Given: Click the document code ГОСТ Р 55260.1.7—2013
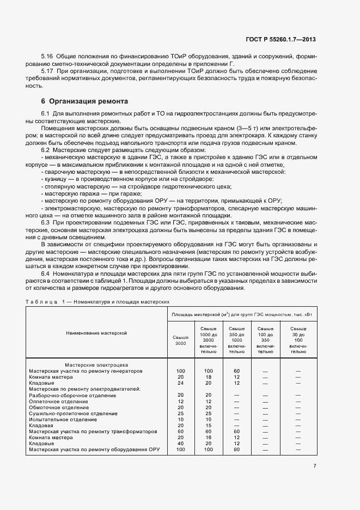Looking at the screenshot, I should point(282,39).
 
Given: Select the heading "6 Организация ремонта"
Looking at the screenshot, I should point(85,101).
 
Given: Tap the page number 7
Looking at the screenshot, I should point(315,466).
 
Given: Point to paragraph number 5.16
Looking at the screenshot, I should point(47,57).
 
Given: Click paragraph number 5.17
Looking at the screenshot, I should point(47,71).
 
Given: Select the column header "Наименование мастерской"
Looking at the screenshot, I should point(96,332).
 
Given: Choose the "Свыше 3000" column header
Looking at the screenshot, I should point(180,341).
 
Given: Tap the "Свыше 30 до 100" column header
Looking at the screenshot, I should point(298,341).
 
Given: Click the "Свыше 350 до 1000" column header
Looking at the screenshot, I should point(237,341).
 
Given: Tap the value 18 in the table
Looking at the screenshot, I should point(208,377).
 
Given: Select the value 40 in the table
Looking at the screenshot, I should point(180,444).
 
